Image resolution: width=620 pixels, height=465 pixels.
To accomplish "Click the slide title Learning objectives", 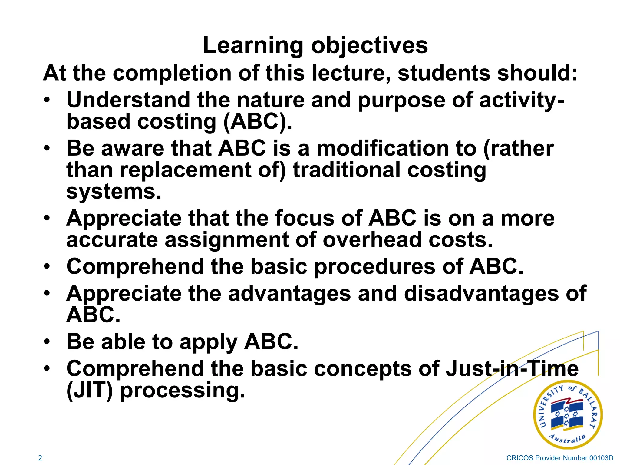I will click(315, 45).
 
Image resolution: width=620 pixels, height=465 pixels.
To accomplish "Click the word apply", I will click(208, 342).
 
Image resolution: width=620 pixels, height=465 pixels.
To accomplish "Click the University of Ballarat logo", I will click(567, 414).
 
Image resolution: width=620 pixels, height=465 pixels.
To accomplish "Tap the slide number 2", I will click(40, 458).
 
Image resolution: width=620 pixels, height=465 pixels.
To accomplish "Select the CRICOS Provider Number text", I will click(559, 458).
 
